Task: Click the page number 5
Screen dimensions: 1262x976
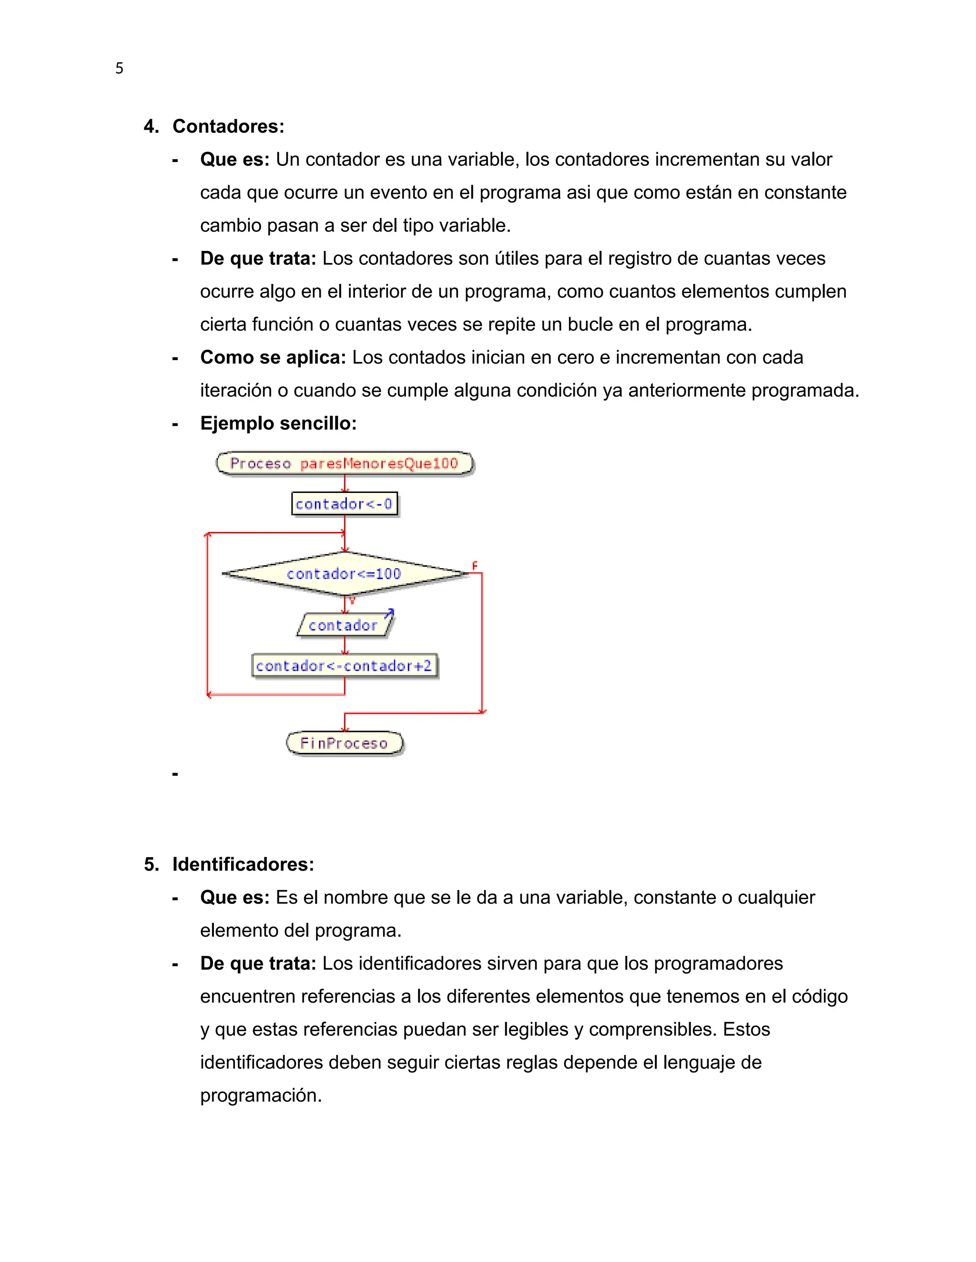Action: coord(119,68)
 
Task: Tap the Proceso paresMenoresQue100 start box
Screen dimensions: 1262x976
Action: coord(345,463)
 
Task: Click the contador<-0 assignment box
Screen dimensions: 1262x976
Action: coord(345,504)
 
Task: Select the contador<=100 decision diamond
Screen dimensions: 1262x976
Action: coord(345,574)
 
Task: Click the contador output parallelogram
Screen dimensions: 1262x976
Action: coord(344,625)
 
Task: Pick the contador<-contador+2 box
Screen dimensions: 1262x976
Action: coord(345,666)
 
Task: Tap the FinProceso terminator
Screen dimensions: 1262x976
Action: coord(345,743)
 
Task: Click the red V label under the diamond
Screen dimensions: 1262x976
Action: coord(352,601)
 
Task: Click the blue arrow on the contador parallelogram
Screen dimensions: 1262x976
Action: coord(390,613)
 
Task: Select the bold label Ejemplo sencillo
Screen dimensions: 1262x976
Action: coord(278,423)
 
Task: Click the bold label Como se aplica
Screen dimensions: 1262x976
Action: coord(272,358)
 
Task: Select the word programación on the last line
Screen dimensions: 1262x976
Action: coord(260,1096)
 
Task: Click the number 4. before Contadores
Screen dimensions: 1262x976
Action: coord(151,127)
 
